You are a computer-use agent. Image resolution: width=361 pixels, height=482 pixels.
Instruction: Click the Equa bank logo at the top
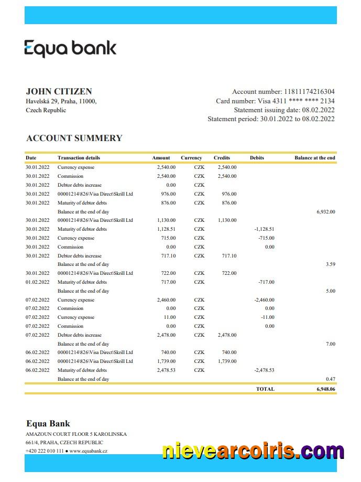coord(70,49)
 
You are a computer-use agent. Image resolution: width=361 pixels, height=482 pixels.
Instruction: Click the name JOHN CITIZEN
coord(59,91)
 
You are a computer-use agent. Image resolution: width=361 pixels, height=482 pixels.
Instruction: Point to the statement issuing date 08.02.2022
coord(318,110)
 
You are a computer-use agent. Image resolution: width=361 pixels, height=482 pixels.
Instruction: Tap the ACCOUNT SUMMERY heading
coord(74,138)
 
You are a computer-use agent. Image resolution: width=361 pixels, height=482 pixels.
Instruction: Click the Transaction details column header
coord(79,158)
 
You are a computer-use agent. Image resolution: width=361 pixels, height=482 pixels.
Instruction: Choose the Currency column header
coord(191,158)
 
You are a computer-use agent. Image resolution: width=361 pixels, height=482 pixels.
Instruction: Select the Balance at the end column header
coord(314,158)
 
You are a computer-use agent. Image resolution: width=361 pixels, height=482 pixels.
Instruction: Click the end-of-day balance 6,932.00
coord(326,211)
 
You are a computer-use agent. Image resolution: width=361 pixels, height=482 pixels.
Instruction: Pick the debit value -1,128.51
coord(264,229)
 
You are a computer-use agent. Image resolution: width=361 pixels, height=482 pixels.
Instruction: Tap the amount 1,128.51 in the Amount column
coord(166,229)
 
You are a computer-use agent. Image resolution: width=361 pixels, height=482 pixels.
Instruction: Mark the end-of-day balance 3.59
coord(330,264)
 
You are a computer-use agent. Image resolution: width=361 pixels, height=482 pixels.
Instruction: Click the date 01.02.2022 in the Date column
coord(38,282)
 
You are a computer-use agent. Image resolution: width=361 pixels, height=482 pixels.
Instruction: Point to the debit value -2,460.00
coord(264,300)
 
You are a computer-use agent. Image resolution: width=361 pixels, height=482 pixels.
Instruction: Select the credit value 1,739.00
coord(226,361)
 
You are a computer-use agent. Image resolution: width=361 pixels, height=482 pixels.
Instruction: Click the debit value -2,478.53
coord(264,370)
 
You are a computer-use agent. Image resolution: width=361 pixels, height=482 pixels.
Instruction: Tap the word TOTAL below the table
coord(265,389)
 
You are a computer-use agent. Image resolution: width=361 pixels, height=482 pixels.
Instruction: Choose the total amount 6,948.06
coord(325,389)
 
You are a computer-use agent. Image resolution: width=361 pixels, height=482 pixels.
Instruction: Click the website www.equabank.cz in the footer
coord(89,451)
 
